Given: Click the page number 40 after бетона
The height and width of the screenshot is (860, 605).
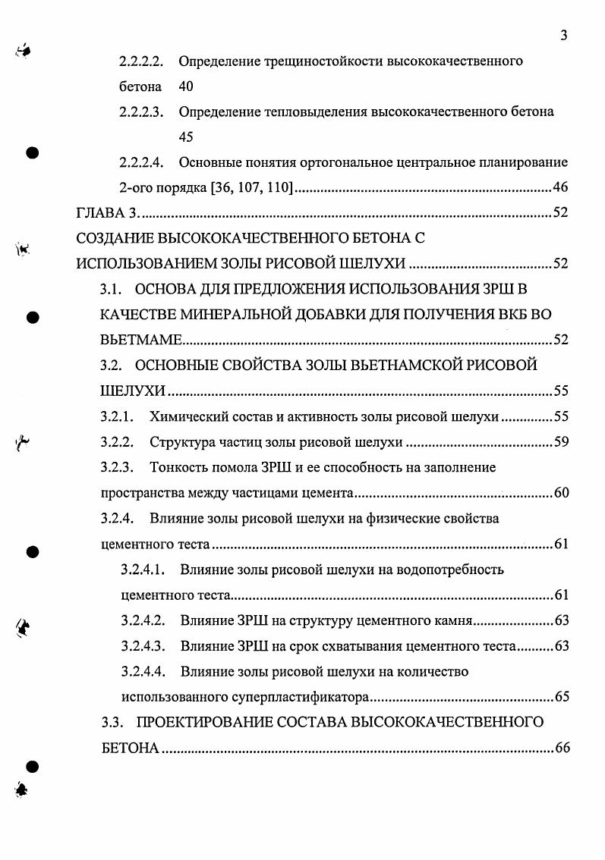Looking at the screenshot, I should [x=186, y=86].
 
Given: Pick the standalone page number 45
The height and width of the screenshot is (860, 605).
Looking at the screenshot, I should [x=186, y=137].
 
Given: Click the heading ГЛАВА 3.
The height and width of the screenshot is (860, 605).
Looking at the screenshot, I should [x=106, y=213].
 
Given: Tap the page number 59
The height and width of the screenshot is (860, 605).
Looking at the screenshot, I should [x=560, y=442].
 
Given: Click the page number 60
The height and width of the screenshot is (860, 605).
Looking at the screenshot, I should [x=560, y=493].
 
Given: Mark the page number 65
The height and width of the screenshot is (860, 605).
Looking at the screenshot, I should [x=560, y=697].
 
